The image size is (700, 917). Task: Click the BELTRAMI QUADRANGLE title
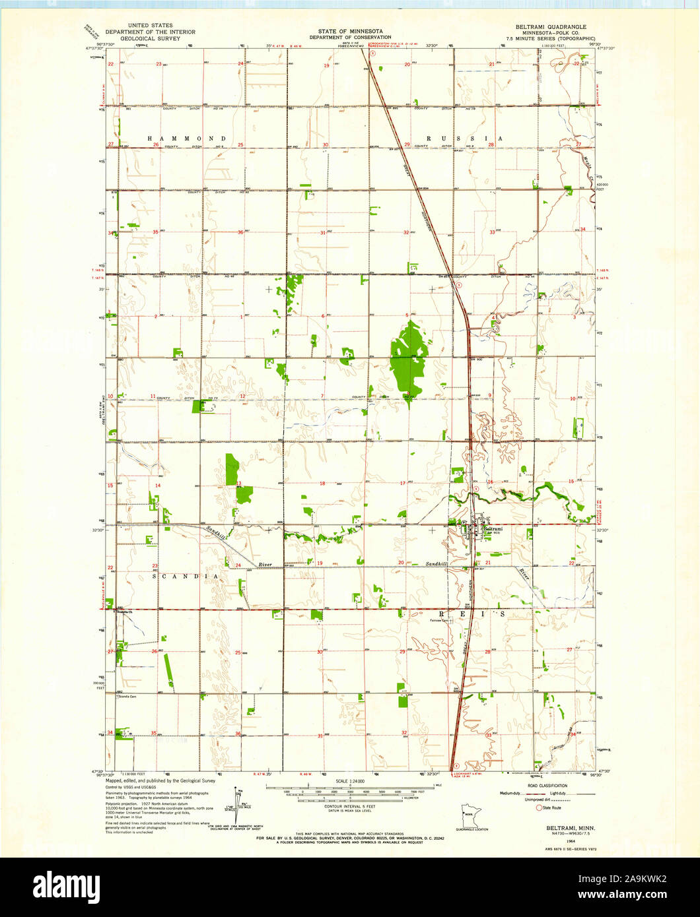point(551,26)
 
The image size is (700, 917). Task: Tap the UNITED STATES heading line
point(152,26)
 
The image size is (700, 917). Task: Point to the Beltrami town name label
point(493,528)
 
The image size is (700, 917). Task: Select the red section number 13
point(239,484)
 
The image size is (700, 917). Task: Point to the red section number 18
point(322,484)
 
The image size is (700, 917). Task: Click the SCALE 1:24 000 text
point(350,782)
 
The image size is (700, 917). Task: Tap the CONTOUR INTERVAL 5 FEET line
point(349,806)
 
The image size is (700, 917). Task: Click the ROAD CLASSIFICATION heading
point(547,786)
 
